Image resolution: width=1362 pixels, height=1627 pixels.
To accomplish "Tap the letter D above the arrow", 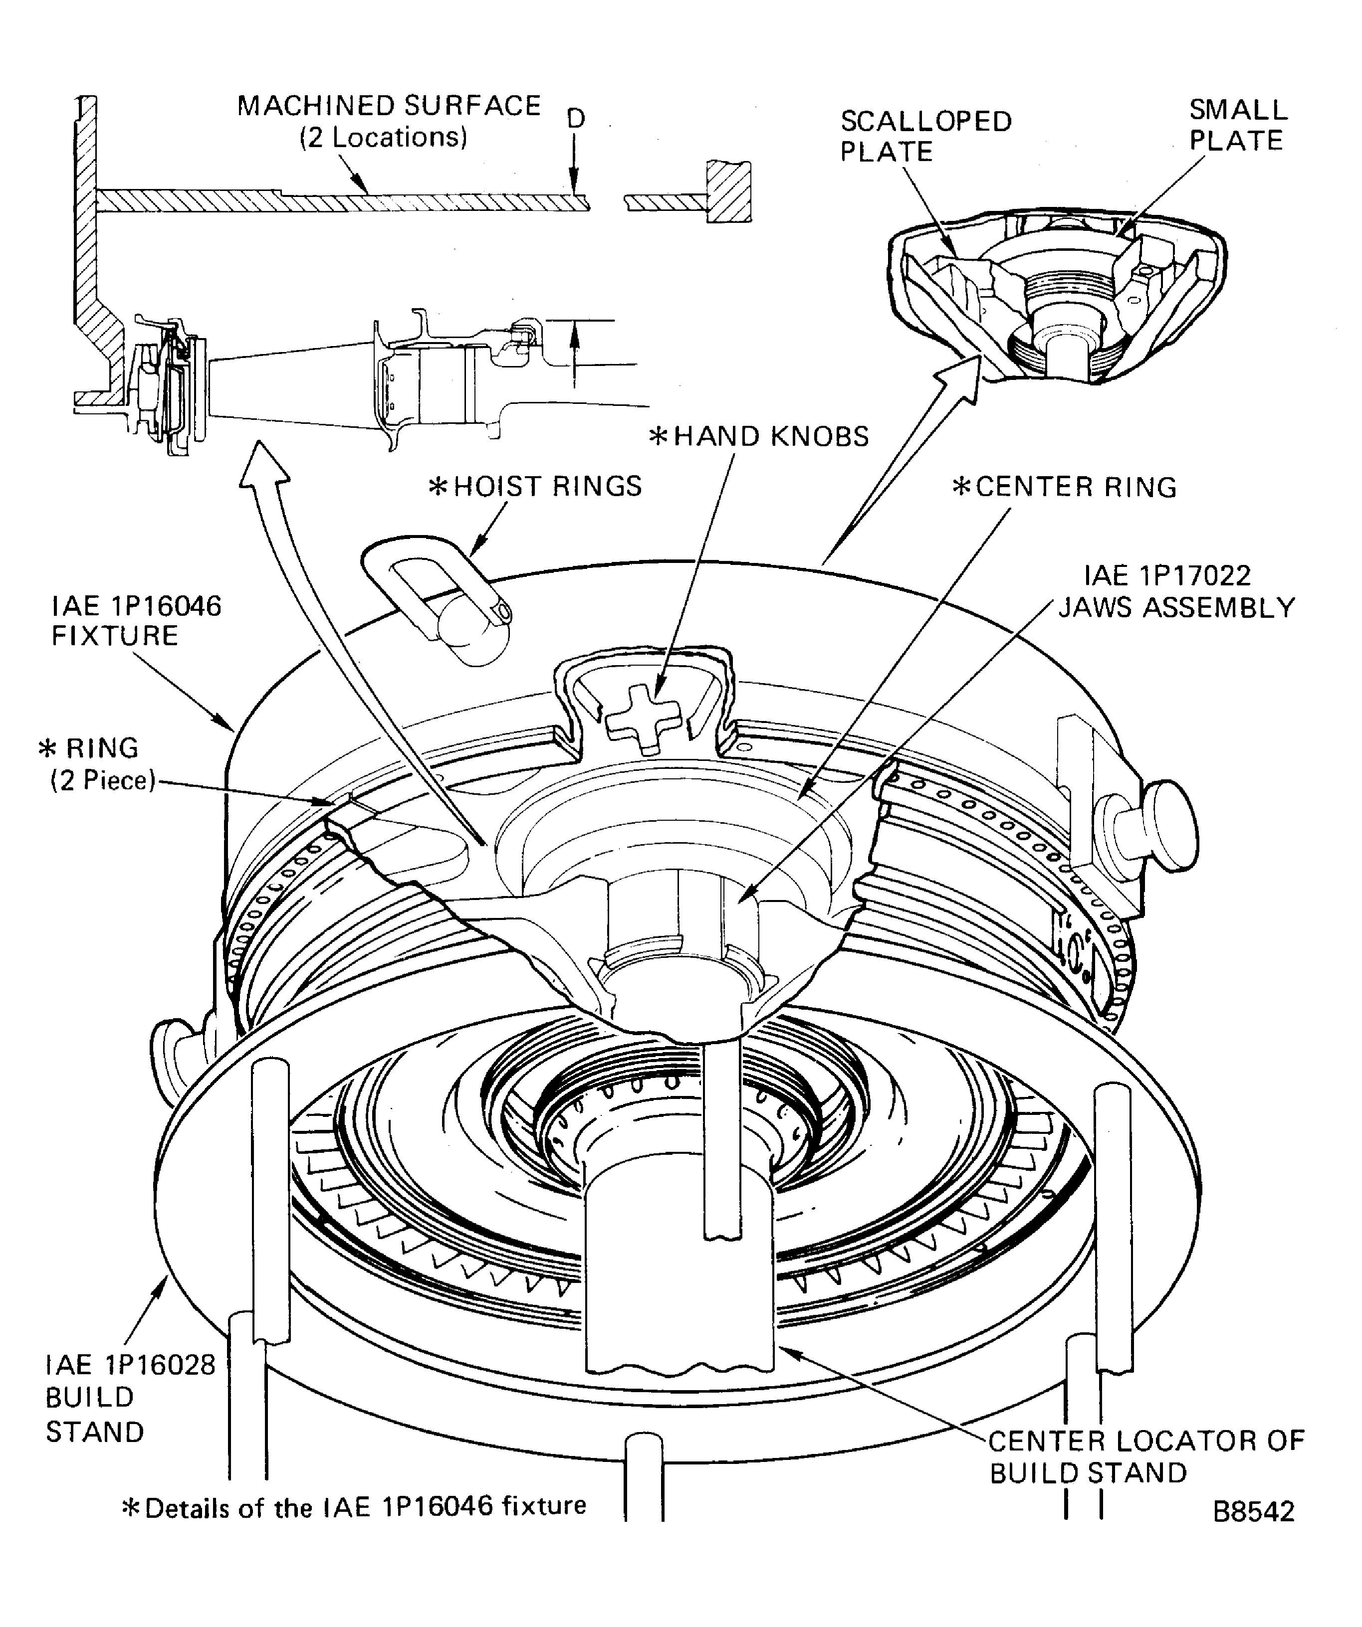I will [x=575, y=119].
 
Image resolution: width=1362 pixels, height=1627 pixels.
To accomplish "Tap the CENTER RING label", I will [x=1064, y=487].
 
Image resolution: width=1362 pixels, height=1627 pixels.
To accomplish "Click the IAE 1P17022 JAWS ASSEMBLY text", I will [x=1176, y=591].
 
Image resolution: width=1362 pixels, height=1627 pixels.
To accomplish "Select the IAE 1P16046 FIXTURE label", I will [x=136, y=620].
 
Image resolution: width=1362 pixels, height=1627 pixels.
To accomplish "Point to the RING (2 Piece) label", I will [x=97, y=764].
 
